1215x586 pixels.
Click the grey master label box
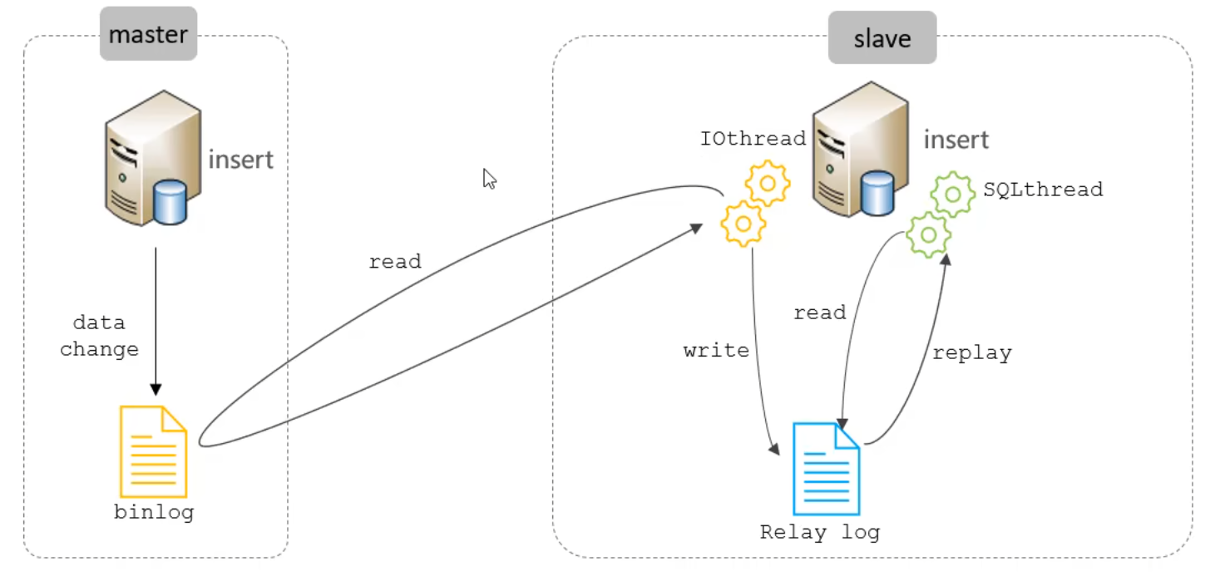[148, 34]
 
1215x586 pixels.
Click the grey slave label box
[882, 38]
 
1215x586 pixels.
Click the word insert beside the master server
[240, 158]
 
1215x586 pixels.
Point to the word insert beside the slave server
[956, 139]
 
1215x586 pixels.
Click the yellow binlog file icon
[153, 451]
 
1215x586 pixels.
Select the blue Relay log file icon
[826, 469]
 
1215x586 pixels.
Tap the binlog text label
[154, 512]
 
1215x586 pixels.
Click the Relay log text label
[819, 532]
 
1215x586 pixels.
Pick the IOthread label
[753, 138]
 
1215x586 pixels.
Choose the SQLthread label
[1043, 190]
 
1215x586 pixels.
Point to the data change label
[99, 336]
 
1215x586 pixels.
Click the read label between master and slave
[395, 262]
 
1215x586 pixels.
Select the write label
[716, 351]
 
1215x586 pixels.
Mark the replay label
[971, 352]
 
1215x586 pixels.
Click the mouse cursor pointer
[490, 179]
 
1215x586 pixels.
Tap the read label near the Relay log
[819, 313]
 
